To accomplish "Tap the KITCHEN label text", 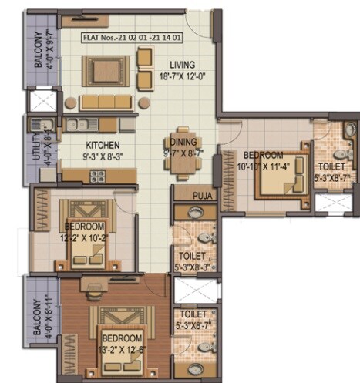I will pyautogui.click(x=103, y=144).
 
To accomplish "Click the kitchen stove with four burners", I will pyautogui.click(x=98, y=175).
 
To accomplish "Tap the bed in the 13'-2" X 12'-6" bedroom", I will pyautogui.click(x=121, y=330).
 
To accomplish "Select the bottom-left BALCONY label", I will pyautogui.click(x=37, y=317).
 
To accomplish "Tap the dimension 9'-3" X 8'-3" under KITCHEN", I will pyautogui.click(x=103, y=155).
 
